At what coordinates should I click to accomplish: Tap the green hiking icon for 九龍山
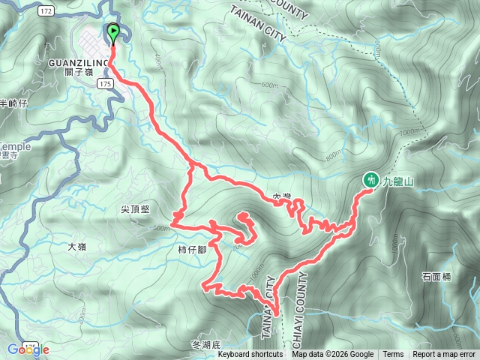370,179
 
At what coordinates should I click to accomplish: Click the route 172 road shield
46,13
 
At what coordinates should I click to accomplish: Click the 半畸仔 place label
13,103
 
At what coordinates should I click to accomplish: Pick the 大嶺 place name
77,245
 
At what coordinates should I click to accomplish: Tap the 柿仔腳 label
193,248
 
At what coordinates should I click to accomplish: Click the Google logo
28,349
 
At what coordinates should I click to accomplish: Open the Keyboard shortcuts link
250,354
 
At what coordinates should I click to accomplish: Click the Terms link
393,354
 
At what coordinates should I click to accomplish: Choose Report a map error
444,354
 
